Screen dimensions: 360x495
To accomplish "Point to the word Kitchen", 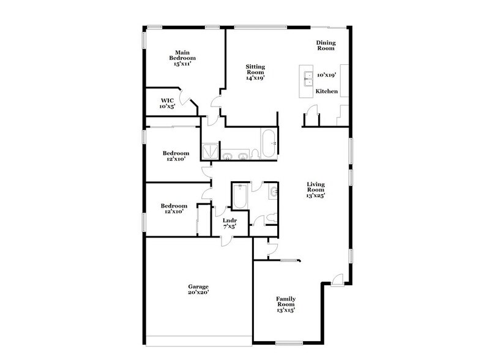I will (x=326, y=92).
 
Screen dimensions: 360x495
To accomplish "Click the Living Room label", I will (x=316, y=187).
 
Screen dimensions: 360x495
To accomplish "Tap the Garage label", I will (x=198, y=287).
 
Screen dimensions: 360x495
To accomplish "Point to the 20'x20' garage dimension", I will (x=198, y=293).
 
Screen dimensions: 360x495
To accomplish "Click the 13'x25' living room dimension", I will (x=316, y=195).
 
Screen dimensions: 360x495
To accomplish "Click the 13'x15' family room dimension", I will (x=286, y=310).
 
